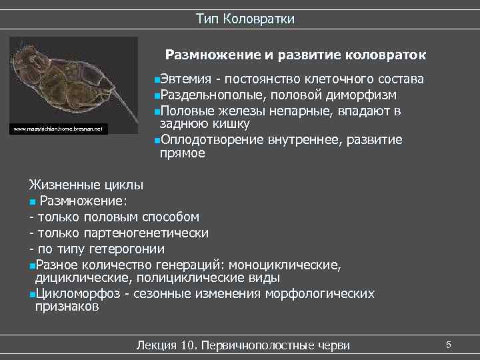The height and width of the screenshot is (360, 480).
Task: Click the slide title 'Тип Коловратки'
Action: pos(245,19)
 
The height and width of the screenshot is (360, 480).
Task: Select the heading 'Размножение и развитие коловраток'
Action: pos(295,54)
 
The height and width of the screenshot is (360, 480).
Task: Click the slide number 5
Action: pos(449,344)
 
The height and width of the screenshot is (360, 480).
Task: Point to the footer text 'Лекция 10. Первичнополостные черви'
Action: pos(242,345)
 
